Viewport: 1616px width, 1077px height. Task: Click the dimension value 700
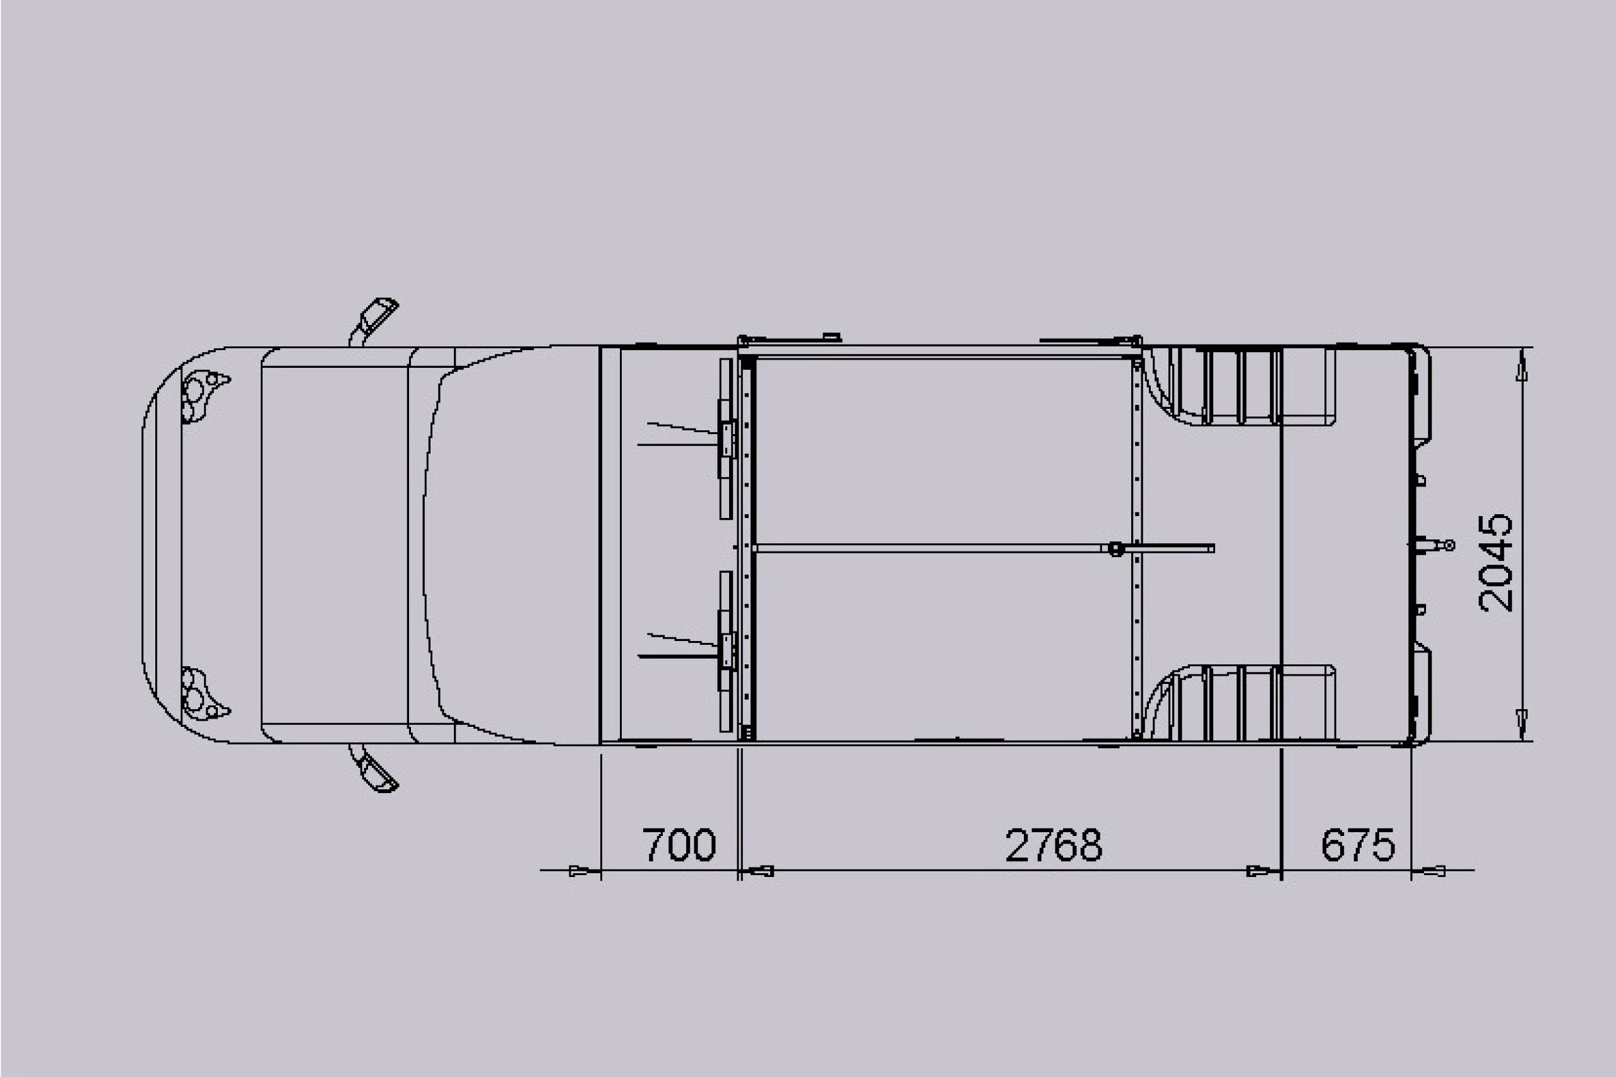pos(679,844)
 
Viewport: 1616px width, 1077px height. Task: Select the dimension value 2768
pos(1054,844)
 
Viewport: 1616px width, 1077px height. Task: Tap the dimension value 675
pos(1358,844)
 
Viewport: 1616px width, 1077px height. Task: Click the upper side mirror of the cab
pos(374,320)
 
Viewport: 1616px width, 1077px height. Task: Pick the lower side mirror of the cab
pos(374,768)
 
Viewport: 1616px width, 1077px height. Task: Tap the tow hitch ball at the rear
pos(1450,545)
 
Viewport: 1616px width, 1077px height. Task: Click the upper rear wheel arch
pos(1240,386)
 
